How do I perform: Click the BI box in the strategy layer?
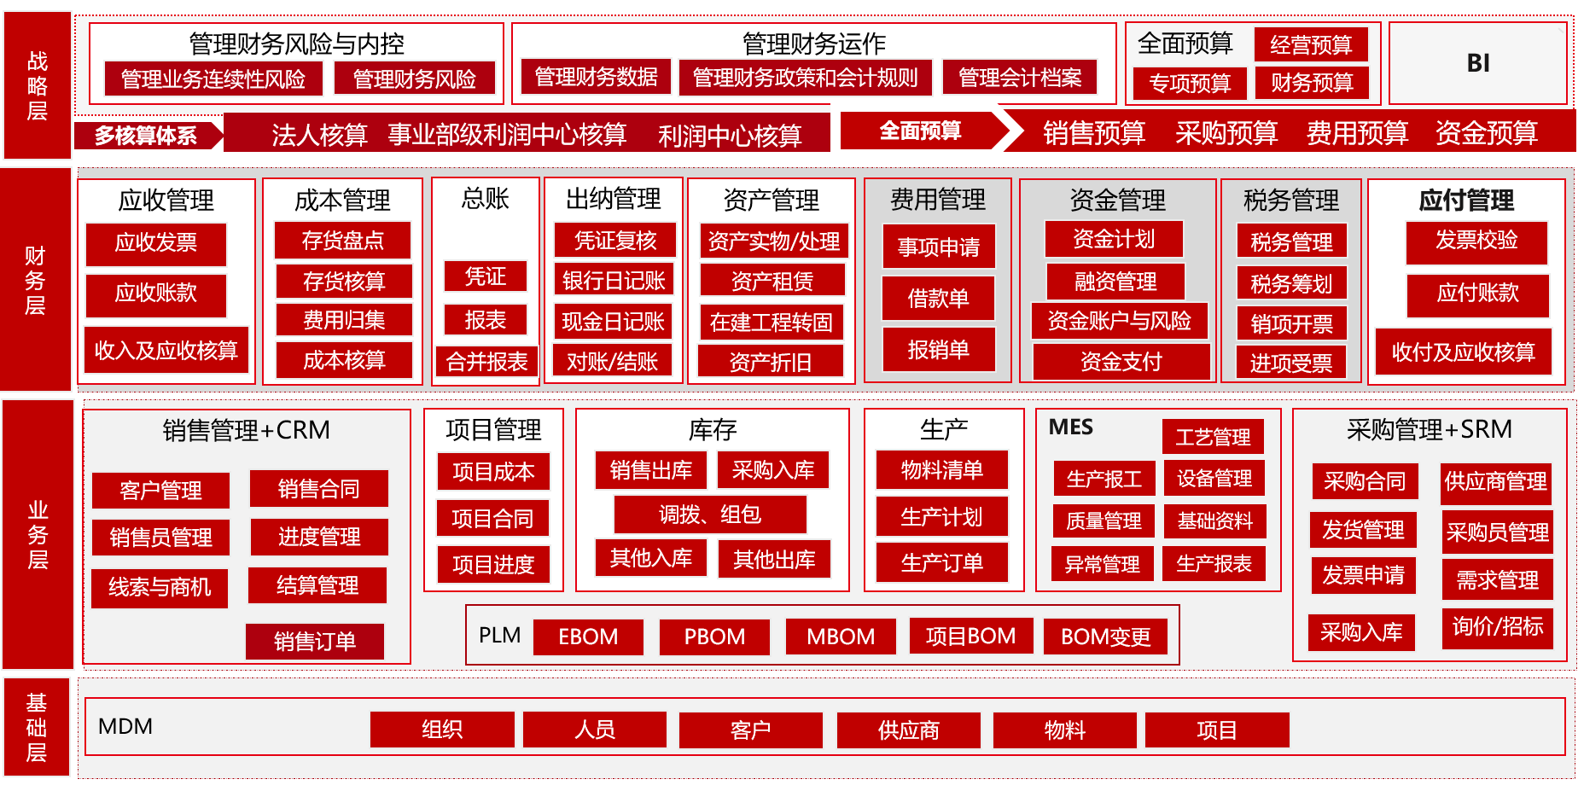1478,63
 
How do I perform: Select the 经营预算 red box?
1311,44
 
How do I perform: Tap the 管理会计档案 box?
1020,78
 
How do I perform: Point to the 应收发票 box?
156,244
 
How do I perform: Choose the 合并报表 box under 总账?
487,363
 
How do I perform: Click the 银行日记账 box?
614,280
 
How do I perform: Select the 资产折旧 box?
771,363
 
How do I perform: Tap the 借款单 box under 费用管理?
939,298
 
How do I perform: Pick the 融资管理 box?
1115,281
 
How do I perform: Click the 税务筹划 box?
1291,283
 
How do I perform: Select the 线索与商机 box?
160,588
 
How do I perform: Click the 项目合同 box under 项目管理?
492,518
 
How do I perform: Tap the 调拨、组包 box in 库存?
710,515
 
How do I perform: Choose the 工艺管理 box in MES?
1213,437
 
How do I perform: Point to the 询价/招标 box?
1498,627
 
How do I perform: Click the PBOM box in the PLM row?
714,637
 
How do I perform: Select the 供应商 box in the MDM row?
909,730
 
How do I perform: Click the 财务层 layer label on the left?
37,280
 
